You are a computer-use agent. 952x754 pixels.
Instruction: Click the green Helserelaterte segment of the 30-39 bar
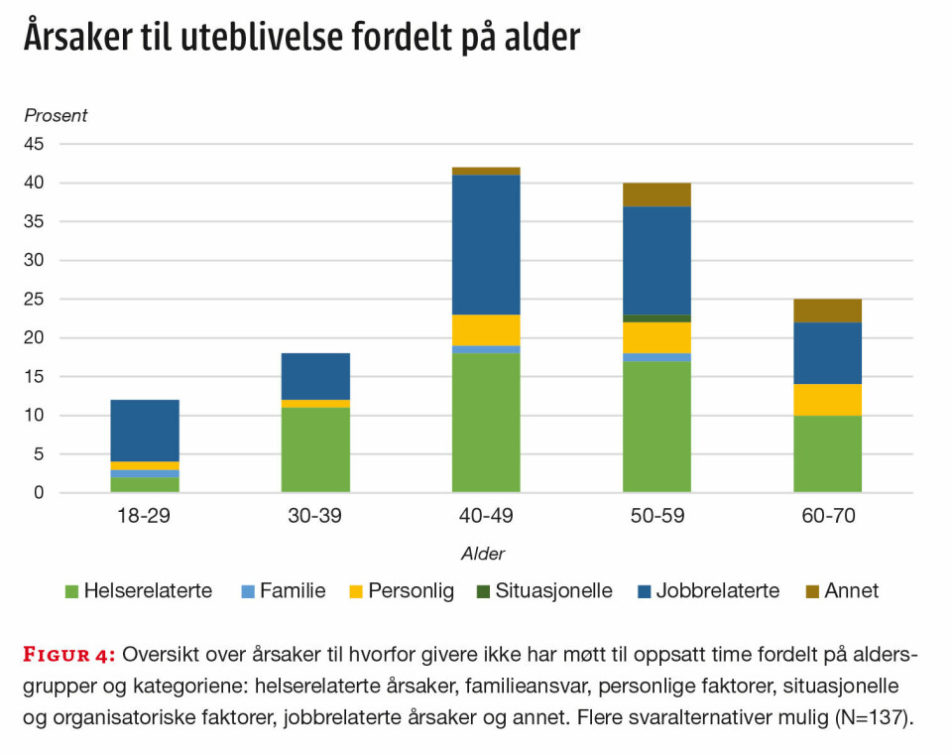click(x=315, y=449)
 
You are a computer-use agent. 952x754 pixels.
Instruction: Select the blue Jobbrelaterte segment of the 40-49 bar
click(x=486, y=245)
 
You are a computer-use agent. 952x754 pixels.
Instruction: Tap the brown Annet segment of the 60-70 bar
click(x=827, y=311)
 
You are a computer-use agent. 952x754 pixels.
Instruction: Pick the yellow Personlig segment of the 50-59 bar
click(x=656, y=337)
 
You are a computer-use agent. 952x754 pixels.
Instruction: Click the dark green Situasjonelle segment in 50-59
click(x=656, y=318)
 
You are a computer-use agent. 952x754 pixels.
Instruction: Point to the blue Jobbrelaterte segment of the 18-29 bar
click(x=145, y=431)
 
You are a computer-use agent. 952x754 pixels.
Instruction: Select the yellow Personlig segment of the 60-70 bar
click(x=827, y=399)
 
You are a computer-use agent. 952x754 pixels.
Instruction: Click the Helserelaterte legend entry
click(x=138, y=591)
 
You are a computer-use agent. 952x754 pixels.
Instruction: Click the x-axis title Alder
click(x=483, y=554)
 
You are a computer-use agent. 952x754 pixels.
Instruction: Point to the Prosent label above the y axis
click(x=56, y=116)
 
